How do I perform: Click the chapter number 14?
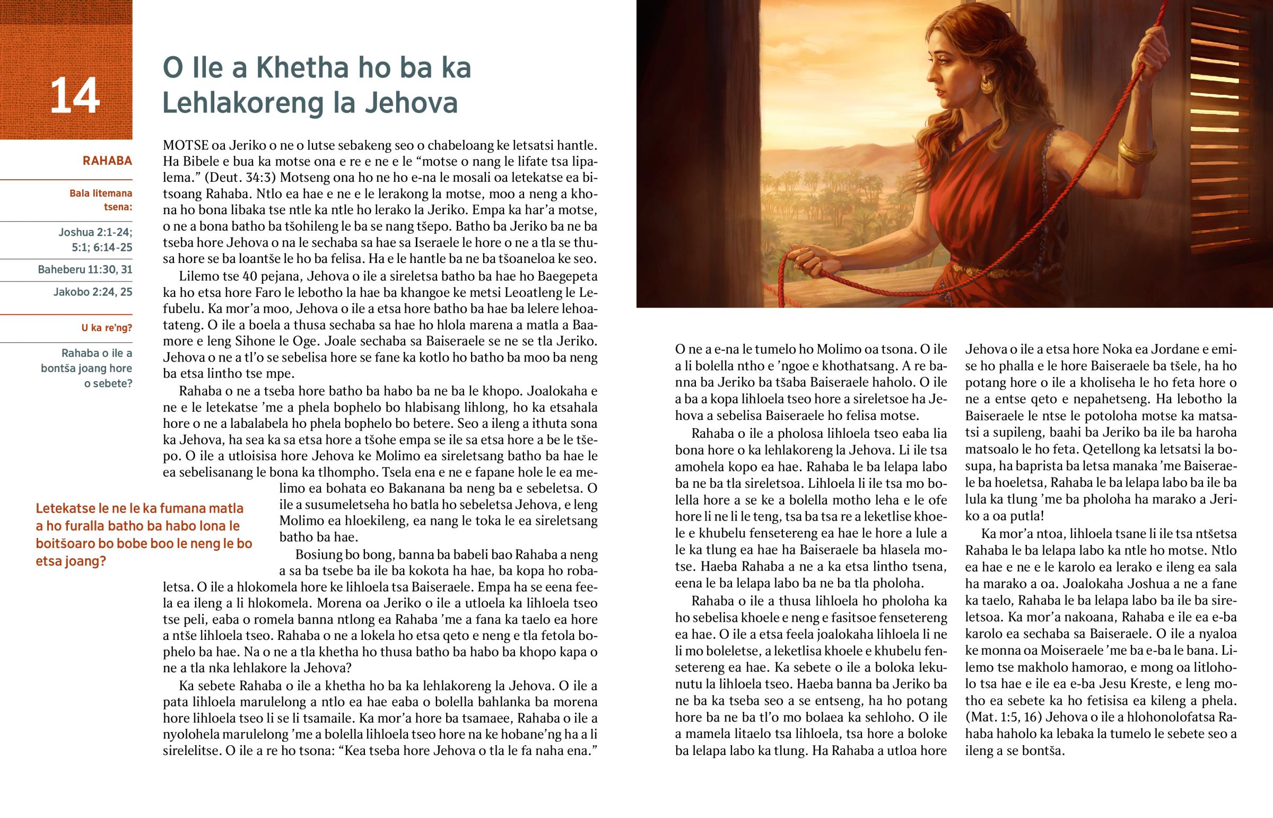74,95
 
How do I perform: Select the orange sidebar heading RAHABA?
107,161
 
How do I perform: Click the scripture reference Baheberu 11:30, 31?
85,270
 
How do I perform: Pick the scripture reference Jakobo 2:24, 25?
92,292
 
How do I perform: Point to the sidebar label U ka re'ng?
106,328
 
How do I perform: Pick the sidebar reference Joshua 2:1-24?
95,232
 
